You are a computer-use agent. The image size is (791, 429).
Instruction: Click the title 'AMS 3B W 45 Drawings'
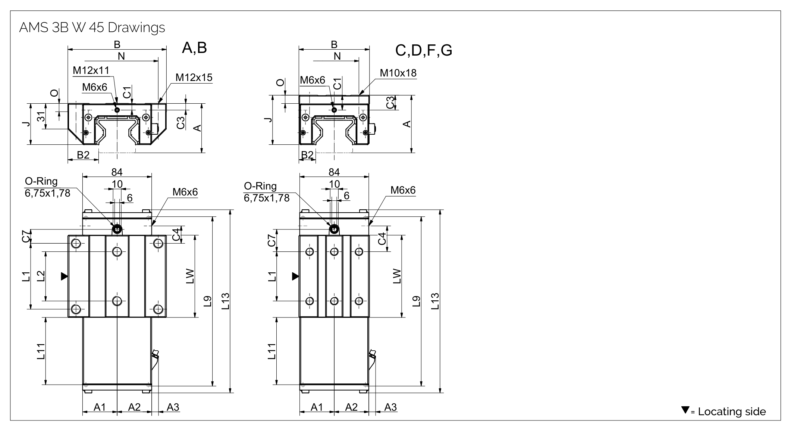(x=92, y=28)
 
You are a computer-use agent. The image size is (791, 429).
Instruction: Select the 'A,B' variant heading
(x=194, y=48)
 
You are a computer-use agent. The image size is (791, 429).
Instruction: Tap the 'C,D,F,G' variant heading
(x=424, y=50)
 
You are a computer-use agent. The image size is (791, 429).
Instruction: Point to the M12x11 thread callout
(x=91, y=71)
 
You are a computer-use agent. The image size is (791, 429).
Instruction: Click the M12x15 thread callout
(x=194, y=78)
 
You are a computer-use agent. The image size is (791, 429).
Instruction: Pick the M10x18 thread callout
(x=398, y=73)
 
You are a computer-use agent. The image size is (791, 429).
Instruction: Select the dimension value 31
(x=41, y=117)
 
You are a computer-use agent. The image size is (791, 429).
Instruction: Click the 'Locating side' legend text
(x=732, y=411)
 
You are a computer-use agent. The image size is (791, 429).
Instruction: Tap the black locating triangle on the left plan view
(x=64, y=276)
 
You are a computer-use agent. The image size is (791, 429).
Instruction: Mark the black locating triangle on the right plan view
(x=295, y=276)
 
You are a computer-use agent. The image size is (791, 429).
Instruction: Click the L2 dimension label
(x=41, y=276)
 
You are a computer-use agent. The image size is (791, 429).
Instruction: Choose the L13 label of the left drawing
(x=225, y=301)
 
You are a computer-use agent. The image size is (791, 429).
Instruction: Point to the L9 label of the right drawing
(x=417, y=301)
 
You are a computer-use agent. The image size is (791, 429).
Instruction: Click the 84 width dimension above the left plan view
(x=117, y=172)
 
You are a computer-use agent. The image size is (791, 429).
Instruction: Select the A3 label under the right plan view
(x=390, y=407)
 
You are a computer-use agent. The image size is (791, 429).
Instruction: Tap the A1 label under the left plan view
(x=100, y=407)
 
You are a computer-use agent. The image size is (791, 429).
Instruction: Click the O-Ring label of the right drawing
(x=260, y=186)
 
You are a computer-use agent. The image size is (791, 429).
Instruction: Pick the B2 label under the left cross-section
(x=83, y=155)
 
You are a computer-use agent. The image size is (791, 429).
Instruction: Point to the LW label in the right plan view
(x=397, y=276)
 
